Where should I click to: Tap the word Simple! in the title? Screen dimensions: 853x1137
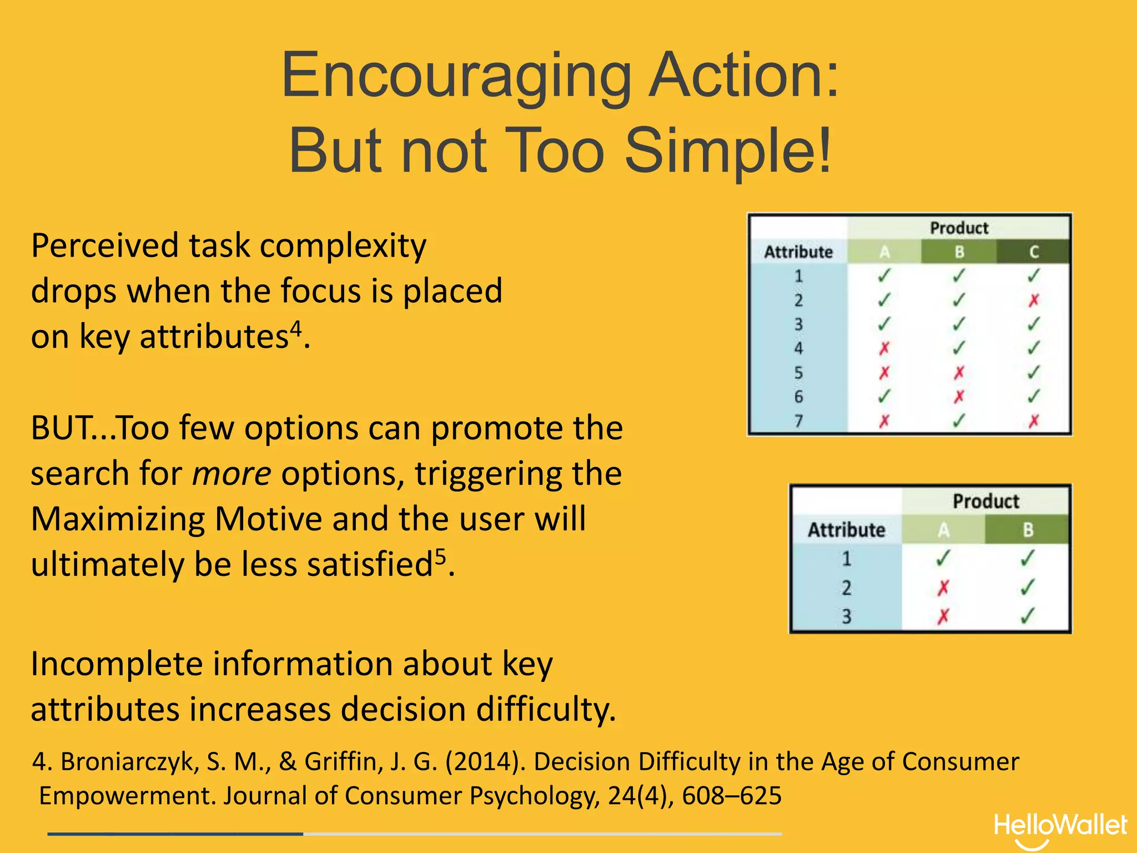click(x=728, y=150)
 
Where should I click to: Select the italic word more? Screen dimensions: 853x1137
click(x=231, y=474)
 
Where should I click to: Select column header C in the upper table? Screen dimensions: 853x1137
click(x=1033, y=252)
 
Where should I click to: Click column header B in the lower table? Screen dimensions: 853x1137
click(x=1028, y=530)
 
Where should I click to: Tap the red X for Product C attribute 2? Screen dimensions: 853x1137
click(x=1033, y=300)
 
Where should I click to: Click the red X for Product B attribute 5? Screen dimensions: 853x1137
click(x=959, y=373)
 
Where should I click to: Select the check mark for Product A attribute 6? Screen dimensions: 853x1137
click(x=884, y=397)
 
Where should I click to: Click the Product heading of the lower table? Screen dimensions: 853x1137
click(x=985, y=501)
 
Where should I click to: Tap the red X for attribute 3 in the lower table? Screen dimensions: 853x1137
click(x=943, y=616)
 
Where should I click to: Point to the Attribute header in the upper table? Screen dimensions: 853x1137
click(x=798, y=252)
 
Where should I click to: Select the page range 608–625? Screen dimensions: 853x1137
click(x=731, y=796)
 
